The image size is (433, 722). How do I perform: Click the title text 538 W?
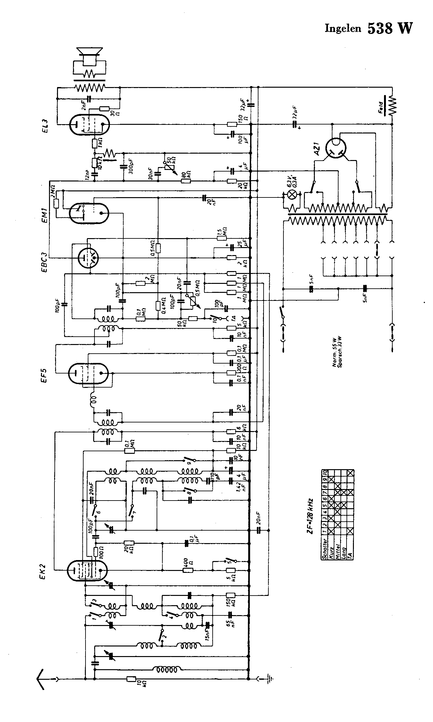(390, 28)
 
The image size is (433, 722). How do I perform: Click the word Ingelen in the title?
(343, 29)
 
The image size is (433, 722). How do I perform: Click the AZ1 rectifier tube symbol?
(336, 148)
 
